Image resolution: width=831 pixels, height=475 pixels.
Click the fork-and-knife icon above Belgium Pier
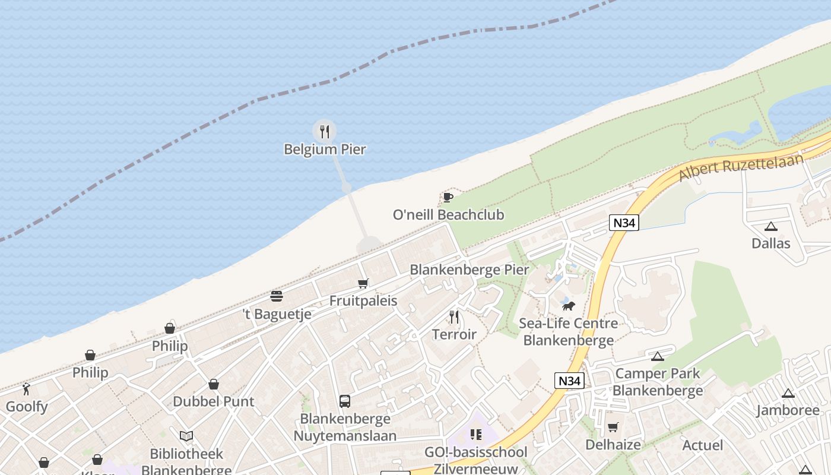324,131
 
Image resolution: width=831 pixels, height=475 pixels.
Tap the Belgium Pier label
325,149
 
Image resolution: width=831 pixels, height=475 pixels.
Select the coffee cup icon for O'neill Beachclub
448,197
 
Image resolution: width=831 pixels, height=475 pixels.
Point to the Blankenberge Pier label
469,270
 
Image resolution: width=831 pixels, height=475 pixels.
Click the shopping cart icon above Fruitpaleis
363,284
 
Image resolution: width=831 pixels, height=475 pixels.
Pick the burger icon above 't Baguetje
277,296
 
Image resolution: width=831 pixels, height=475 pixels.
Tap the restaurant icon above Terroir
454,317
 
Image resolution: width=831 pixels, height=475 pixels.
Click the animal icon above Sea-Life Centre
569,306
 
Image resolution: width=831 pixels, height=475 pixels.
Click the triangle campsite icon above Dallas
771,226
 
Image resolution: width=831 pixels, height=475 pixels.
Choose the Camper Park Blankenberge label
658,382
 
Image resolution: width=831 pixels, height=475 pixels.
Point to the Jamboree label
788,410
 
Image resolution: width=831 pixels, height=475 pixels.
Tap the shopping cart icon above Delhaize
613,427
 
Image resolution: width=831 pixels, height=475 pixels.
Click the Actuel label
703,445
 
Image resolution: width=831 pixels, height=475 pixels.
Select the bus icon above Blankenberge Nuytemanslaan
345,401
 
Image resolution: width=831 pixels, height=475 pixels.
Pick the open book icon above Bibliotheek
186,436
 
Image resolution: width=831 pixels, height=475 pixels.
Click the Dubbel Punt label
213,401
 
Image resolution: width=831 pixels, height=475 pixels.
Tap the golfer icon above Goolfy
26,389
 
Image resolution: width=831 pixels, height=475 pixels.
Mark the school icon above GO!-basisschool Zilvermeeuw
475,435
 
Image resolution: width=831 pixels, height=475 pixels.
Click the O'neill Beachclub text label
448,214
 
